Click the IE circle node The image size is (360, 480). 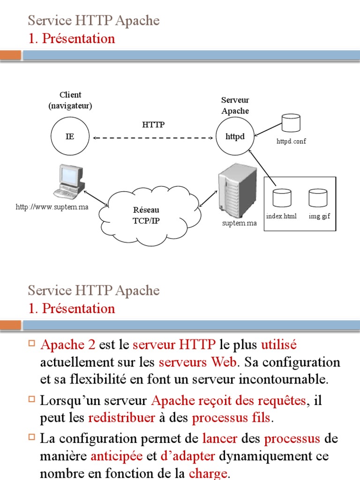click(69, 137)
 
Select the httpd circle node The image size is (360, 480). click(235, 137)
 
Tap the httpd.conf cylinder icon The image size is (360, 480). click(291, 123)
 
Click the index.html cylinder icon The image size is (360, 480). click(282, 198)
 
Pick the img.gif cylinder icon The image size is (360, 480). click(318, 198)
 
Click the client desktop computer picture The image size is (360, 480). click(70, 181)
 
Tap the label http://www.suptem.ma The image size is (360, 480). click(52, 207)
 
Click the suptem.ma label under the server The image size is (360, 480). click(240, 223)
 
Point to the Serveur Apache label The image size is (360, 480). click(235, 105)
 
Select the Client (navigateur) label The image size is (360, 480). click(70, 100)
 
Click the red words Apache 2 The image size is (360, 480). click(68, 345)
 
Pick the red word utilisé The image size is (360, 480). click(279, 345)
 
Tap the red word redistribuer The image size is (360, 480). click(121, 417)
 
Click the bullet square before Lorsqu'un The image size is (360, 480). click(32, 399)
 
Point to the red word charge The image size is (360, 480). click(208, 473)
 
